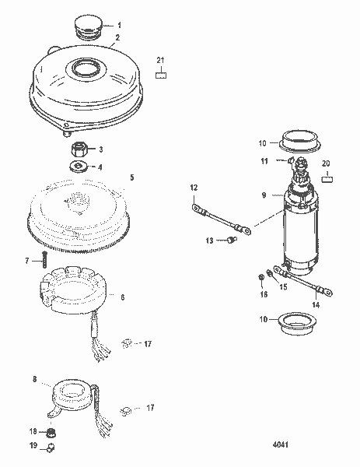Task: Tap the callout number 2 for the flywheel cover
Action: [x=117, y=37]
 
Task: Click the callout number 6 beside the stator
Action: [x=121, y=297]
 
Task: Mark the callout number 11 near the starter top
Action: [x=264, y=161]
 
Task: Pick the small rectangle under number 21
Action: [x=161, y=75]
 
